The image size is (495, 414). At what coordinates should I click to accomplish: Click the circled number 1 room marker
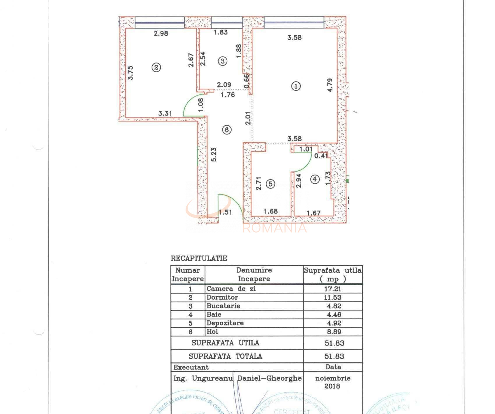point(296,86)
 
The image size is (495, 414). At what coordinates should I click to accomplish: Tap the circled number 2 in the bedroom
point(156,67)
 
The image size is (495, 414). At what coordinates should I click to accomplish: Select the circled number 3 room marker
point(223,61)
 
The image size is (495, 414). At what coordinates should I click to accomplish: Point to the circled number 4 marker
point(315,179)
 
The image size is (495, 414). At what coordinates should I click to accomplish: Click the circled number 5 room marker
point(271,184)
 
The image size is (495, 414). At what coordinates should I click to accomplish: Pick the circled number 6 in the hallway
point(227,130)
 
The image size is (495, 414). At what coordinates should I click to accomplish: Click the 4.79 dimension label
point(330,85)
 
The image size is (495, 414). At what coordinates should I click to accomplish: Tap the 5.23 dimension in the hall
point(214,155)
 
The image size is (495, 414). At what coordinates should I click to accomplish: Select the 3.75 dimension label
point(131,73)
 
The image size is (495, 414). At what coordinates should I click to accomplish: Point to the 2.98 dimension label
point(161,33)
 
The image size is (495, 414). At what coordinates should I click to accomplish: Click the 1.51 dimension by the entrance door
point(225,212)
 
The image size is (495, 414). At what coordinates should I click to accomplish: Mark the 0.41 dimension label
point(321,156)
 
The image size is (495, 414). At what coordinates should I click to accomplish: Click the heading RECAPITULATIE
point(199,258)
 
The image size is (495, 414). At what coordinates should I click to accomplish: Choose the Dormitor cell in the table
point(222,297)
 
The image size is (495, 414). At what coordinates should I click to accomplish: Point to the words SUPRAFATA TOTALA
point(225,356)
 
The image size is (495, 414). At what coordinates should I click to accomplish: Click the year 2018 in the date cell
point(332,386)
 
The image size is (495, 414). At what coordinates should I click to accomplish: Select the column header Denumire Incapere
point(254,274)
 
